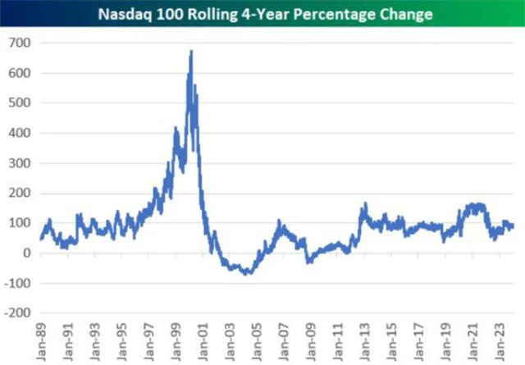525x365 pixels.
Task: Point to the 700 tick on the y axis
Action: coord(21,43)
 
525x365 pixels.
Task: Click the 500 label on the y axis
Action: coord(21,103)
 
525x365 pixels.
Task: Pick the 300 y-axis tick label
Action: coord(21,163)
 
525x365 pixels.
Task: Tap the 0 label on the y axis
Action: coord(27,253)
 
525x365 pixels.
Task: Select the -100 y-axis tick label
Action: coord(18,284)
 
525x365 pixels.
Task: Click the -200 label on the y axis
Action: coord(18,313)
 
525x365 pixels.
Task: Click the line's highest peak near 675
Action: coord(191,51)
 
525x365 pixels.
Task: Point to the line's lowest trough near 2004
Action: coord(244,274)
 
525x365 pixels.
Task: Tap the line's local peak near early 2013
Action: coord(363,204)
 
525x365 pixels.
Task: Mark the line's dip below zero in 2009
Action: coord(308,262)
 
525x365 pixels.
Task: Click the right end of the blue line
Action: coord(514,226)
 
